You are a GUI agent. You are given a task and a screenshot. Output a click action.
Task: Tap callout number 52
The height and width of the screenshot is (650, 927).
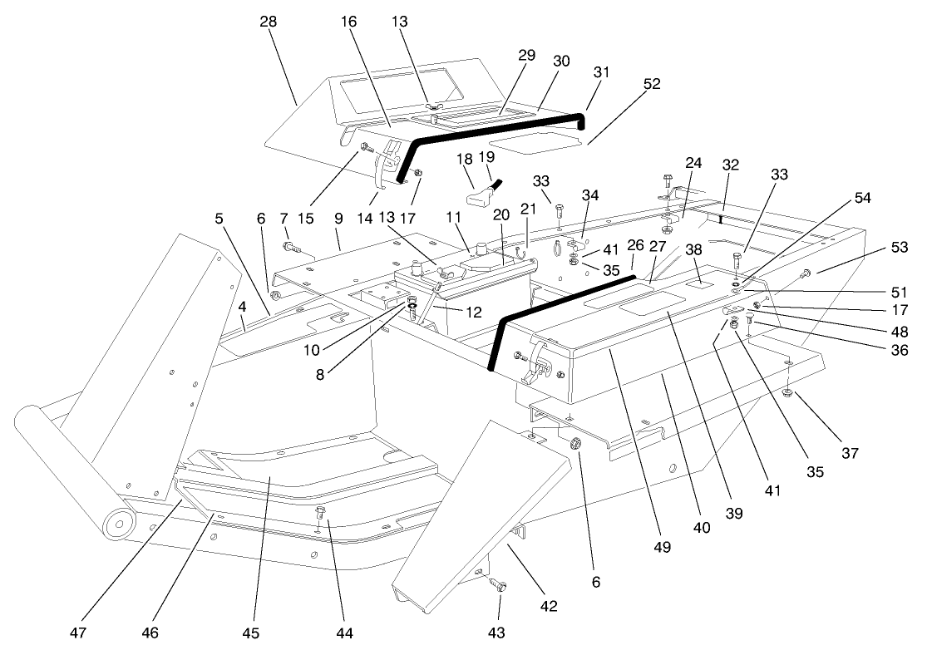click(x=653, y=84)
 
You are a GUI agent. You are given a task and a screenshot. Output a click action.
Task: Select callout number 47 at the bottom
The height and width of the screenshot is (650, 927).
click(x=77, y=633)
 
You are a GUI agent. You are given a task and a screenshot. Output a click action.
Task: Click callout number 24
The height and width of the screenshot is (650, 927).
click(x=693, y=163)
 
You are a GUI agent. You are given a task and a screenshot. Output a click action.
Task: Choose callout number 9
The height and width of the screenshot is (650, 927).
click(x=338, y=219)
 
